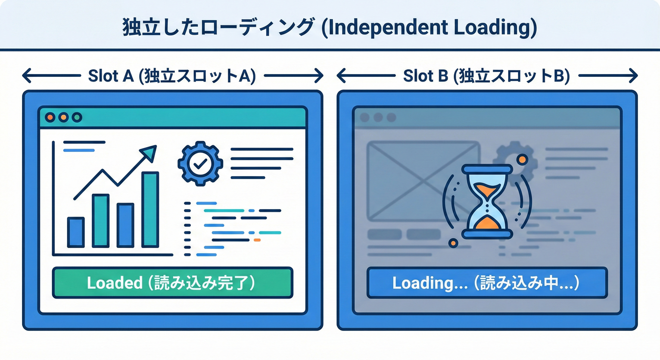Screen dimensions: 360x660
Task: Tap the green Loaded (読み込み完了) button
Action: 172,283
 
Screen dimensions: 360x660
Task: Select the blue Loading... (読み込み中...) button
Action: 487,283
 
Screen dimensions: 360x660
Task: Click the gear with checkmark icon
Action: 201,163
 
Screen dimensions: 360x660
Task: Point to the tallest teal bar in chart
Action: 150,210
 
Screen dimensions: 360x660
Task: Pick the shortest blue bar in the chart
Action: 76,232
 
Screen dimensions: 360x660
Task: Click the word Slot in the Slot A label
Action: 100,76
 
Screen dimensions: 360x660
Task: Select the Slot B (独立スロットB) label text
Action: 487,76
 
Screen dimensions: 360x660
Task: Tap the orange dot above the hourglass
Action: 522,160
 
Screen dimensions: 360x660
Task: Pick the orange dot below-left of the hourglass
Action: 453,243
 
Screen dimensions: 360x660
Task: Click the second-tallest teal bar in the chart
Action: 101,221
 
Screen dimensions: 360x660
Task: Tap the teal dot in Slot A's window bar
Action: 76,117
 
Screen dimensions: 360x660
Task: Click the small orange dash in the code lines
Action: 256,240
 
